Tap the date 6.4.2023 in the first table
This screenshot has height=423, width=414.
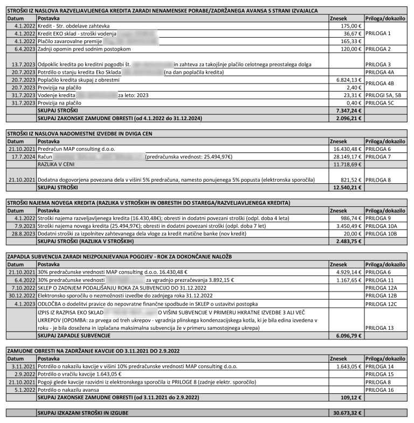(x=22, y=48)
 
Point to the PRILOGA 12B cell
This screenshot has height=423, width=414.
(x=381, y=295)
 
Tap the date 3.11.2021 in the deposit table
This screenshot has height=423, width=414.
(x=22, y=366)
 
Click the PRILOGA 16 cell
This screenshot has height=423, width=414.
(x=379, y=389)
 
